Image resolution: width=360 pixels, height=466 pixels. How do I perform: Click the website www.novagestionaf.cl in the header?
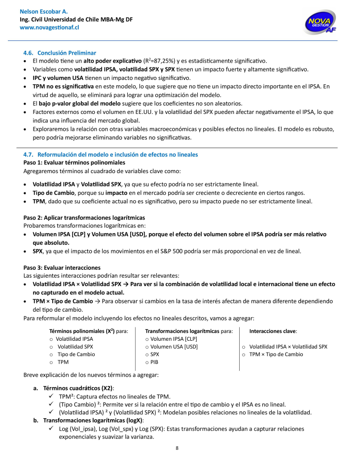(49, 28)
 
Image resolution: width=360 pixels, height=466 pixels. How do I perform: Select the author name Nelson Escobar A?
(43, 11)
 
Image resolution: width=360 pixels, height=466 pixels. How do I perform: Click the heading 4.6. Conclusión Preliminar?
(60, 53)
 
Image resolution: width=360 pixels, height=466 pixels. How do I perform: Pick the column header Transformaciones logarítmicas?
(182, 331)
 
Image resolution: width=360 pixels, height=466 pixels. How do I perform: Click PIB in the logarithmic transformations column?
(155, 362)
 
